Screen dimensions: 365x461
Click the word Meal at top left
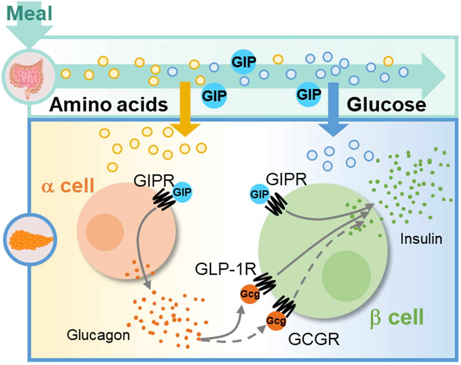[30, 14]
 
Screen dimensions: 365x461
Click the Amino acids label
[109, 105]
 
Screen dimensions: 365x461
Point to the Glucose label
[386, 105]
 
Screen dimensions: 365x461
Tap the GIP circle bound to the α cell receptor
[182, 192]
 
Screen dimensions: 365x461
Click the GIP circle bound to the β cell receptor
[259, 194]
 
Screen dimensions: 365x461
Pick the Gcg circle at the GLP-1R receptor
[250, 294]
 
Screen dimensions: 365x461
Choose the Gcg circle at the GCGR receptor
[276, 320]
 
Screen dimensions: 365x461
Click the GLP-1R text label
[226, 269]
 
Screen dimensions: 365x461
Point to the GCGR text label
[314, 339]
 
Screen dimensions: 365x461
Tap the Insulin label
[421, 239]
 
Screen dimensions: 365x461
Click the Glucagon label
[98, 335]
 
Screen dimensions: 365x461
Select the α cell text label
[68, 186]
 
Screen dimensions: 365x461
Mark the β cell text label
[397, 318]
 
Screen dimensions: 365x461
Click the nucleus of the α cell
[105, 232]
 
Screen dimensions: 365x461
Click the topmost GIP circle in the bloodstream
[243, 62]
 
